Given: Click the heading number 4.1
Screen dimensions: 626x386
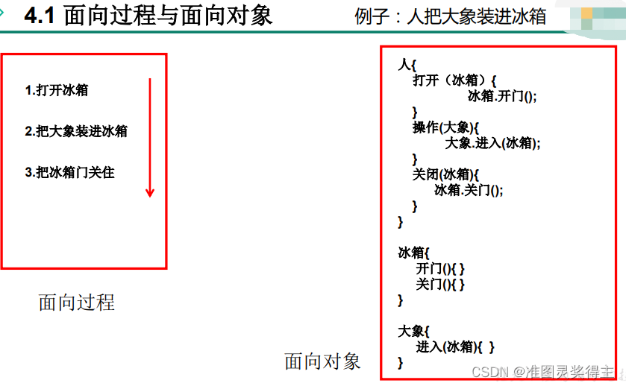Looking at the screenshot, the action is (x=40, y=16).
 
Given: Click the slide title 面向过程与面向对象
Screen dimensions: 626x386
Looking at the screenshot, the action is (x=169, y=16).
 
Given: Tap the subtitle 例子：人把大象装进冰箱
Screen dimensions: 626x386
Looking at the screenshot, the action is (x=450, y=16).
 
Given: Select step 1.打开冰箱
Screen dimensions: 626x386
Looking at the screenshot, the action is (x=57, y=90).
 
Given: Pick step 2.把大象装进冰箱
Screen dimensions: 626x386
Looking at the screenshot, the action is (x=76, y=131).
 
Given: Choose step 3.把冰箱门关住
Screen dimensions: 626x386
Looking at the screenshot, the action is (x=69, y=172).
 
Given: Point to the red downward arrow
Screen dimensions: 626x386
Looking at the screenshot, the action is (x=150, y=137).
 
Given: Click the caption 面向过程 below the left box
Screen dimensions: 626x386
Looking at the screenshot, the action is (x=76, y=302).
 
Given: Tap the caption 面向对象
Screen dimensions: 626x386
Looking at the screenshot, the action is (x=322, y=361).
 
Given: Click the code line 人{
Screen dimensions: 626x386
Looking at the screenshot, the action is (x=407, y=65).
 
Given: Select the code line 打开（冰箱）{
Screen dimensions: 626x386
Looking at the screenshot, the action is (x=454, y=80).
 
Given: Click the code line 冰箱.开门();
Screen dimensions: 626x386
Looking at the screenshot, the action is (x=502, y=96).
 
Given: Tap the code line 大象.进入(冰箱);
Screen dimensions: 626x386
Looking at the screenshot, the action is (x=492, y=143).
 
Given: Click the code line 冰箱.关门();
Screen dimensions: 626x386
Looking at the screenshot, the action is (x=469, y=190).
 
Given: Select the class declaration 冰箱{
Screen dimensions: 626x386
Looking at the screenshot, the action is (x=414, y=253).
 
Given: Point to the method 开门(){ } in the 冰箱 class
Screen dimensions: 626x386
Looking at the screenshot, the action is (x=440, y=268).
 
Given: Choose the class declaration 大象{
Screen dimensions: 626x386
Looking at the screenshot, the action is (x=414, y=331).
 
